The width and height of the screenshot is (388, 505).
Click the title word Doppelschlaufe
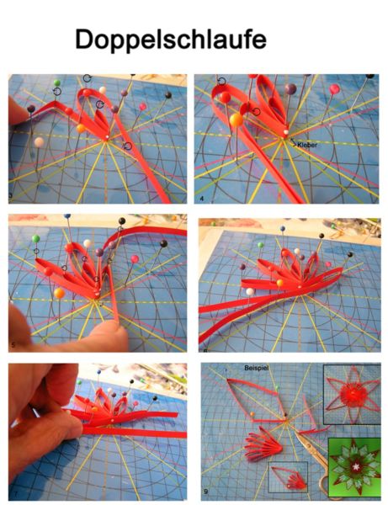[x=171, y=40]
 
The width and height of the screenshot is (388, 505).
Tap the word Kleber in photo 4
[x=307, y=145]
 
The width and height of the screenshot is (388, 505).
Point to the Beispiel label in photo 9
[x=257, y=368]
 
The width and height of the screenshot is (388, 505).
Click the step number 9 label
[x=205, y=492]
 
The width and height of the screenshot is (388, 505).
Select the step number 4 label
[x=201, y=199]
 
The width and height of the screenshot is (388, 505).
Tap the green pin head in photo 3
[x=57, y=82]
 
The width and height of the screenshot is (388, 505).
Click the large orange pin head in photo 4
[x=237, y=120]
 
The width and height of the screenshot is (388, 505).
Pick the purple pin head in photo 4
[x=290, y=89]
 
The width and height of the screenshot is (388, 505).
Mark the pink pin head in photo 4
[x=334, y=89]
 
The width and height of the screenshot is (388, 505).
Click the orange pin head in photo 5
[x=59, y=293]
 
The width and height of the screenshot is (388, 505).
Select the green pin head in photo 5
[x=35, y=239]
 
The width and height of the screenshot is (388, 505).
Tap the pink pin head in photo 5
[x=135, y=258]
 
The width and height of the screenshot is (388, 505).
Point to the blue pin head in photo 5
[x=67, y=216]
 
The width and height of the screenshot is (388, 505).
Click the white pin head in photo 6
[x=249, y=291]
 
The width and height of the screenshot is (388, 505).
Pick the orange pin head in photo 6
[x=279, y=283]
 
